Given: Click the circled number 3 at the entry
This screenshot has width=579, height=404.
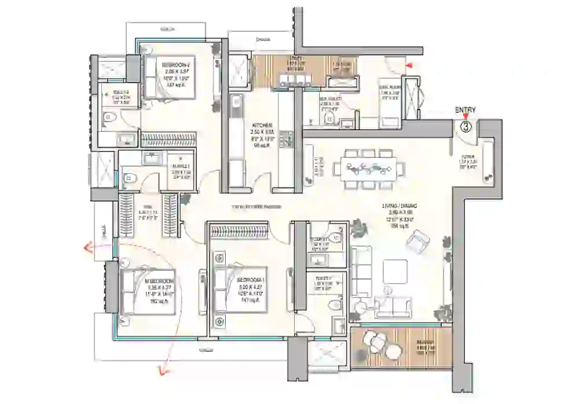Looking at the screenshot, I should (x=466, y=124).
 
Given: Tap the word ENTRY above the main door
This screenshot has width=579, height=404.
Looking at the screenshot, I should (x=465, y=110).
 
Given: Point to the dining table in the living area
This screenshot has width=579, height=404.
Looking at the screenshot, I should (x=369, y=168).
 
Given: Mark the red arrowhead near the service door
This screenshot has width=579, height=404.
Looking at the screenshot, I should (x=411, y=65).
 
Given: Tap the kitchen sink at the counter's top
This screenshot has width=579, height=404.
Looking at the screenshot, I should (x=236, y=105).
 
